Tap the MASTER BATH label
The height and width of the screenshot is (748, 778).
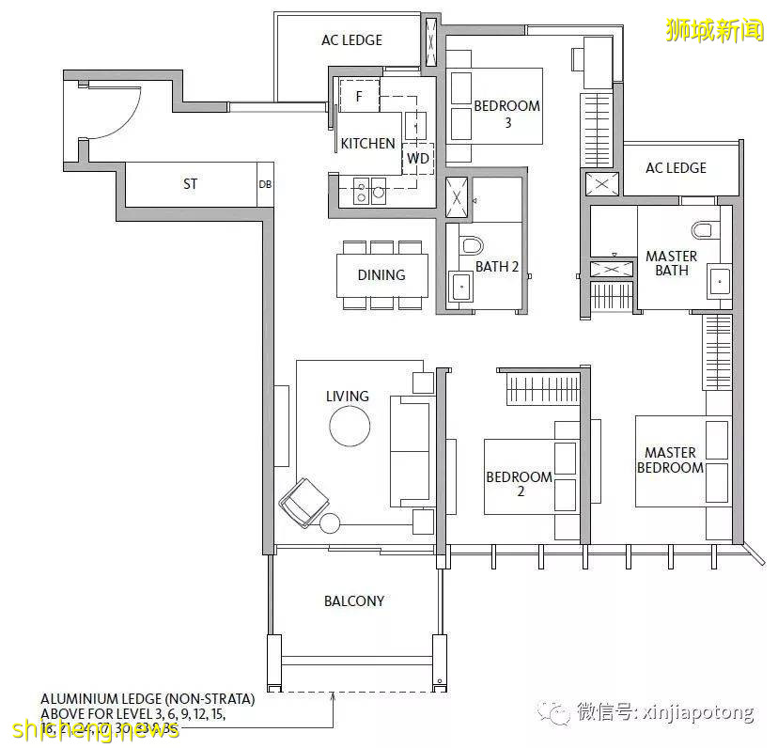[x=671, y=263]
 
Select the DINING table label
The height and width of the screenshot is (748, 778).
[x=381, y=275]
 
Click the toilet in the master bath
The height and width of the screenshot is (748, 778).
[x=703, y=228]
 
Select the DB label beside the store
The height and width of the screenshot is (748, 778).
[x=265, y=184]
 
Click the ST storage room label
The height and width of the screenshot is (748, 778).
[x=190, y=184]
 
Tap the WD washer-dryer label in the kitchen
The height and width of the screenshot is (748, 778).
[x=418, y=159]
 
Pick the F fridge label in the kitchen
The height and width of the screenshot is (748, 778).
[x=358, y=96]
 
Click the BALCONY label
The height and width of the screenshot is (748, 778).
[x=354, y=600]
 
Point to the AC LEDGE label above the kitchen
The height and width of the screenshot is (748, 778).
[x=351, y=40]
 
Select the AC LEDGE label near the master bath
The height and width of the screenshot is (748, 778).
[x=676, y=168]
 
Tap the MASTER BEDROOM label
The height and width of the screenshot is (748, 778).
[x=670, y=460]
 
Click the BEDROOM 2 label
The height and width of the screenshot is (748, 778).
[x=519, y=484]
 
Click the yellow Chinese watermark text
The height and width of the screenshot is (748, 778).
[x=714, y=30]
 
